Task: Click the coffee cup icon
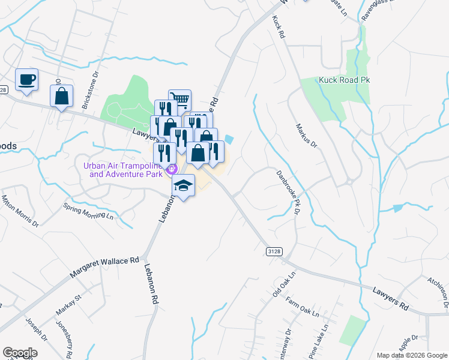click(26, 80)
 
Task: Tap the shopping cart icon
click(179, 100)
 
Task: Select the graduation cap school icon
click(184, 185)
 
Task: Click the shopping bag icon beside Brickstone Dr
click(61, 96)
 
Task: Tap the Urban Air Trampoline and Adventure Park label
click(125, 170)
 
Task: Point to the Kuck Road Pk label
click(346, 80)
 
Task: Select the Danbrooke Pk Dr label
click(288, 191)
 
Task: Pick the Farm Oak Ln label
click(302, 307)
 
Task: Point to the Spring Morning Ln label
click(88, 211)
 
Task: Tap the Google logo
click(20, 352)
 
